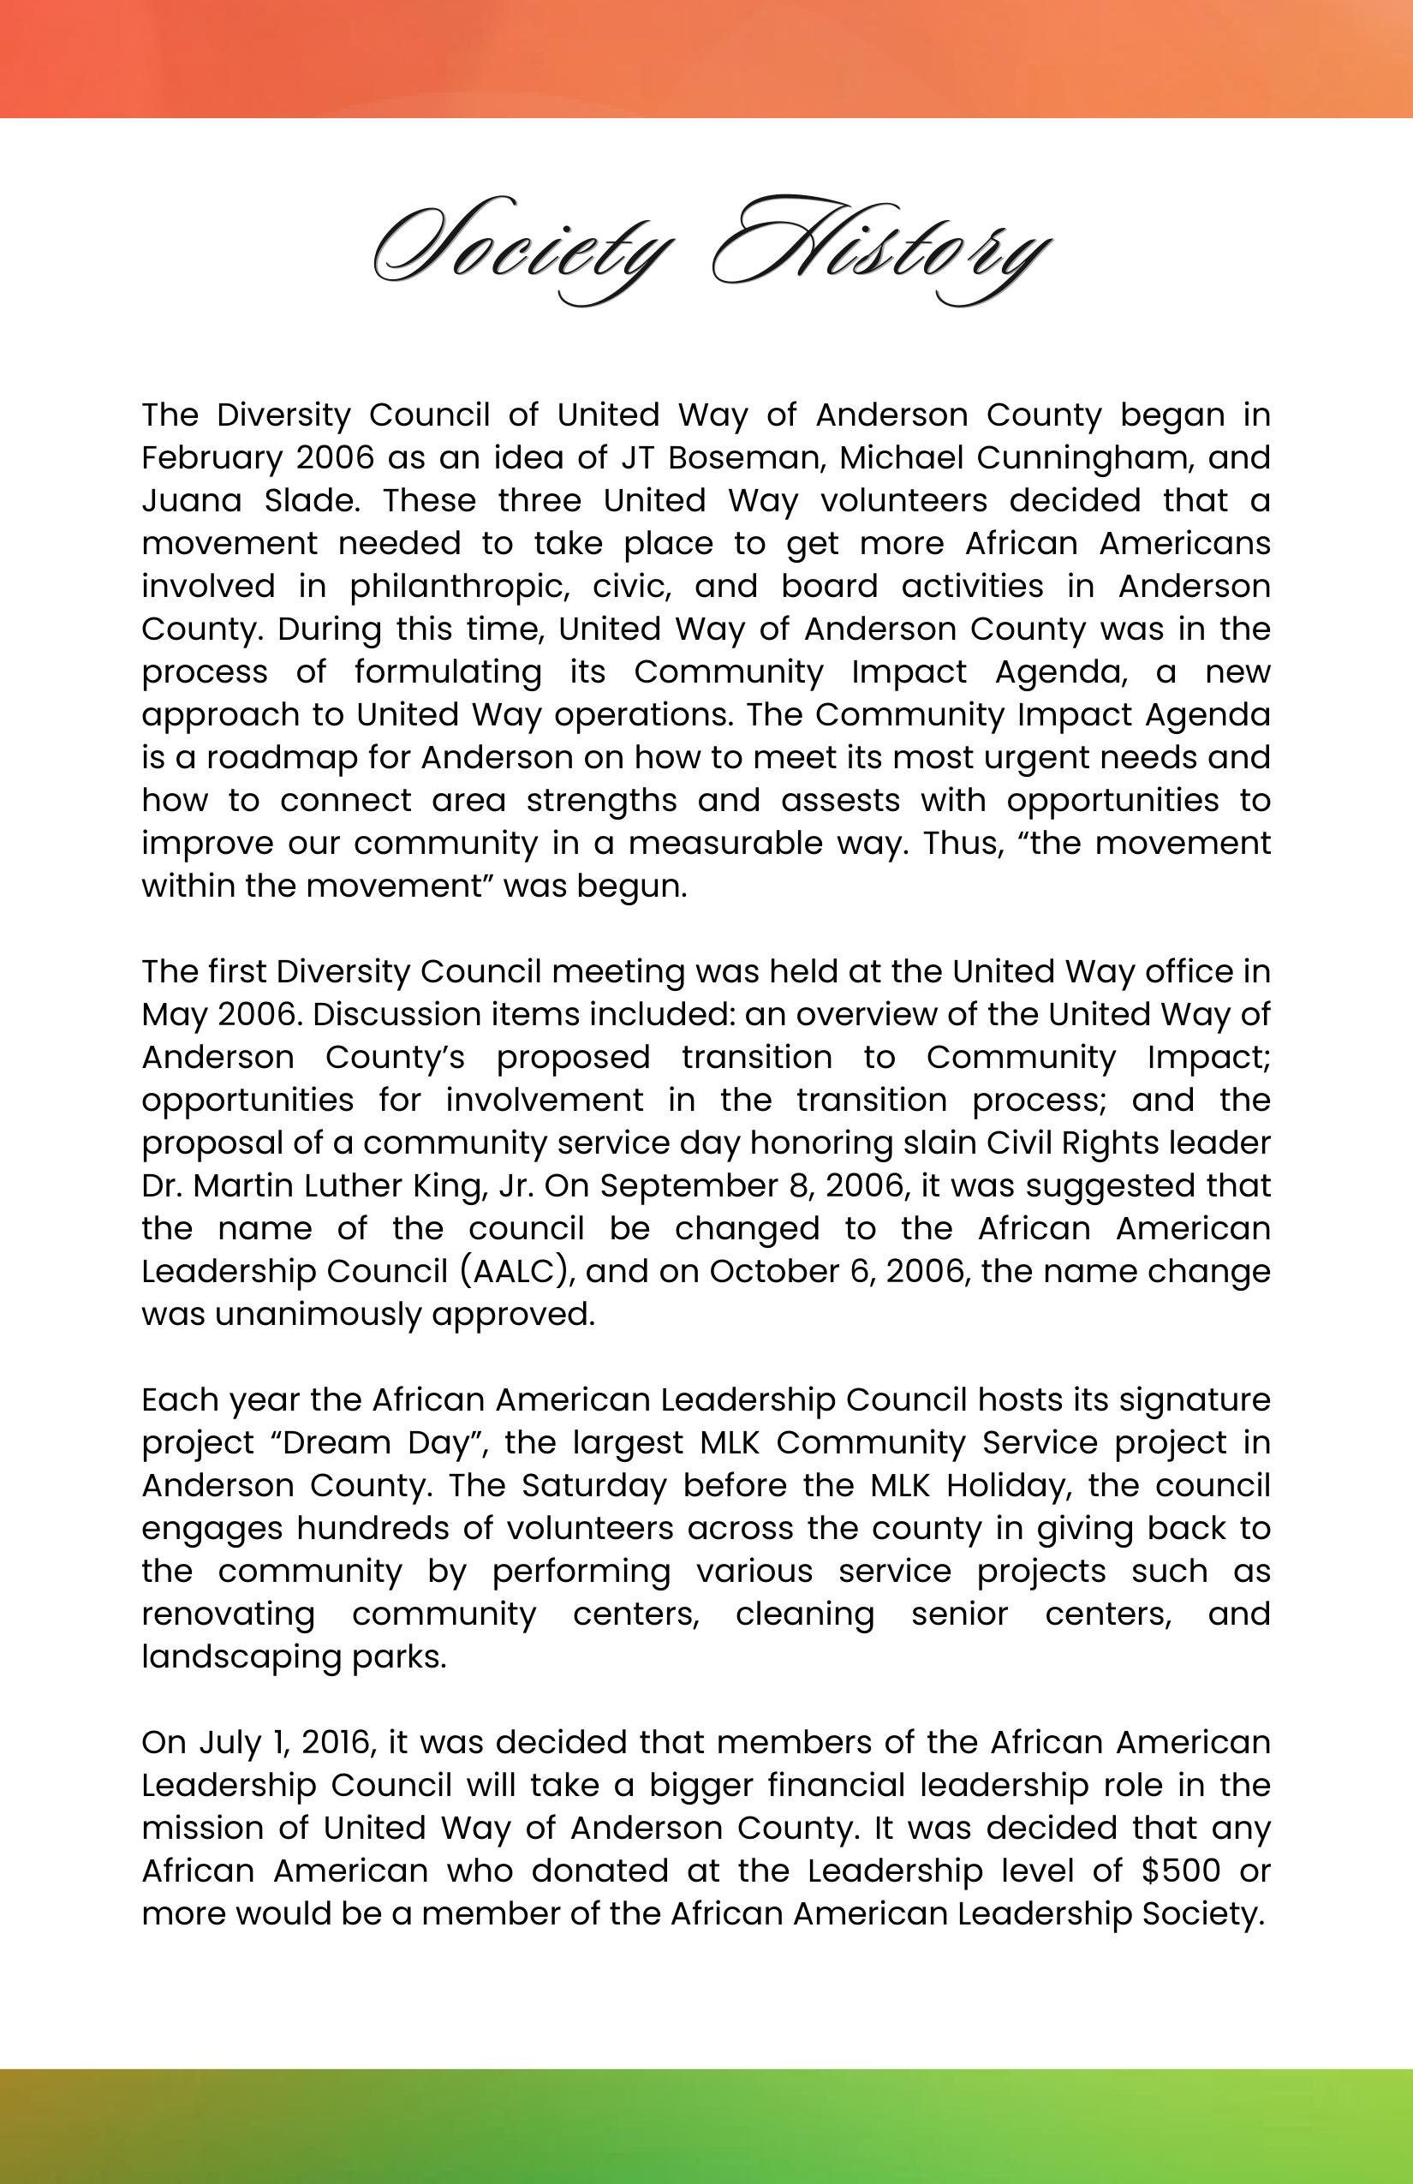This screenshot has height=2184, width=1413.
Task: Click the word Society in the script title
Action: coord(518,248)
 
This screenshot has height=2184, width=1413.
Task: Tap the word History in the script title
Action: coord(881,248)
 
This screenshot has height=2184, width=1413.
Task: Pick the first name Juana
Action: coord(191,501)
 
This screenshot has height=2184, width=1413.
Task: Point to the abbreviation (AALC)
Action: coord(516,1272)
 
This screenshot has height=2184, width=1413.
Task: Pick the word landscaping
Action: coord(242,1657)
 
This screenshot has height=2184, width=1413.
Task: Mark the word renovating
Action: coord(228,1614)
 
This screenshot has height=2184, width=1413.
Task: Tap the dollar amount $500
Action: coord(1180,1871)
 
